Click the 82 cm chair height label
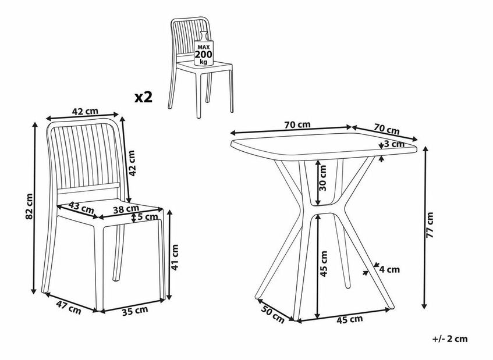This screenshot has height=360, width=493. point(29,206)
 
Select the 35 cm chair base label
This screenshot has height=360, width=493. point(135,311)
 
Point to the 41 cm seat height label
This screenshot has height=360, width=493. point(175,257)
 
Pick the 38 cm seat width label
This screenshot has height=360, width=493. point(126,209)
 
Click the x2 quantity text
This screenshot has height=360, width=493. point(143,97)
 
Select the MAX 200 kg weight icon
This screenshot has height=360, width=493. point(203,49)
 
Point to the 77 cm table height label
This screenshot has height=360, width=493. point(430,225)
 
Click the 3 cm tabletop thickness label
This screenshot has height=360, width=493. point(394,144)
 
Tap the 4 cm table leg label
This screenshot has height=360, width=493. point(389,269)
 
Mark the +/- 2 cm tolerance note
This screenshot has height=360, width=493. point(450,339)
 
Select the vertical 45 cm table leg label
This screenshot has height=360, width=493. point(323,263)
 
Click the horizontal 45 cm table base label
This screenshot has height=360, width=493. point(350,319)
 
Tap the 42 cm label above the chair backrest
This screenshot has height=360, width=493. point(85,111)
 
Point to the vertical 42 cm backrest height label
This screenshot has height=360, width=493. point(132,163)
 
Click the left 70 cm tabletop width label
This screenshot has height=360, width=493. point(297,124)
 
